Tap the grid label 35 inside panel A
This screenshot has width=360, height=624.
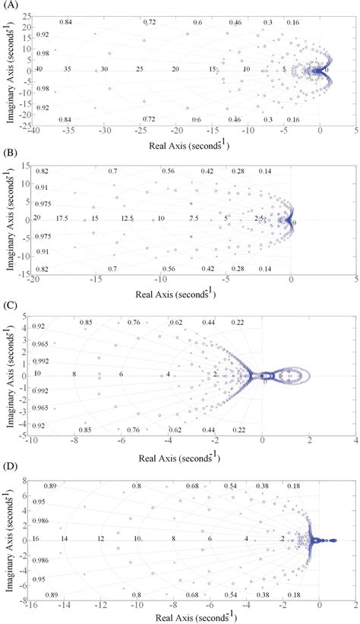tap(68, 70)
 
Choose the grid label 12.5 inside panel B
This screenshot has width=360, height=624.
tap(127, 219)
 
